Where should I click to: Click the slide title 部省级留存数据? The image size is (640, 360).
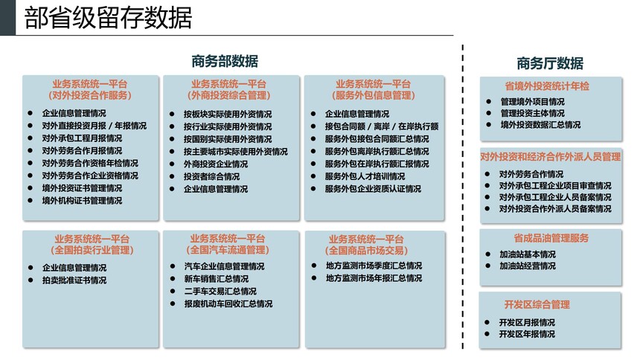coord(108,18)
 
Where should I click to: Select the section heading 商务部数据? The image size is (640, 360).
coord(225,61)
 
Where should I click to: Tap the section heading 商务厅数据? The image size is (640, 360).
coord(550,63)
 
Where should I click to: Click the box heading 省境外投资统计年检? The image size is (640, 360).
coord(547,86)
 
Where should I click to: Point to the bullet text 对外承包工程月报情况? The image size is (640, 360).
coord(82,138)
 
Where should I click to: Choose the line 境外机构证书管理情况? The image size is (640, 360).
coord(82,201)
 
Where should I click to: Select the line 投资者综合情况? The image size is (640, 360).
coord(211,177)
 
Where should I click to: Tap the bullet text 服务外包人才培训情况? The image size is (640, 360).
coord(365,176)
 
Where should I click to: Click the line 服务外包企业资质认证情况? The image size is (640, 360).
coord(373,189)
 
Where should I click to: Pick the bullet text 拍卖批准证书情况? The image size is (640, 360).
coord(74,280)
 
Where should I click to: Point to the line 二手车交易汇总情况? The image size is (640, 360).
coord(220,292)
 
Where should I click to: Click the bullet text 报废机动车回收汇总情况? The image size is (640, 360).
coord(228,304)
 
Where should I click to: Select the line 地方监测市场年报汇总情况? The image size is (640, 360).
coord(374,278)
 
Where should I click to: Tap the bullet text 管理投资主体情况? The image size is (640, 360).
coord(533,113)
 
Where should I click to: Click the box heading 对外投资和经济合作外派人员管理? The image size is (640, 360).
coord(551,157)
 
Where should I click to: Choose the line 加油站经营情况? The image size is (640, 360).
coord(528,266)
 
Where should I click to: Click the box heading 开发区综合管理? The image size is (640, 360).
coord(537,304)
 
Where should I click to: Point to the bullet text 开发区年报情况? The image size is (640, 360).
coord(527,334)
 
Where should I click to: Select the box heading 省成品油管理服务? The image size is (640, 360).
coord(551,238)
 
